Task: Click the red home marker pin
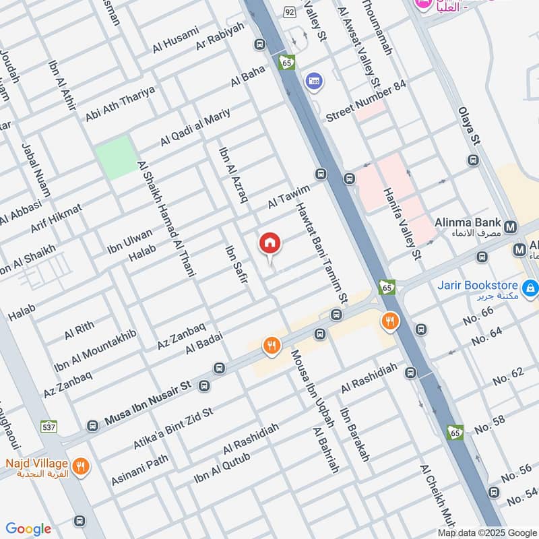pyautogui.click(x=270, y=244)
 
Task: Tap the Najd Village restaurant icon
pyautogui.click(x=80, y=466)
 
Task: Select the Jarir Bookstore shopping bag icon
pyautogui.click(x=530, y=288)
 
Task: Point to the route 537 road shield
pyautogui.click(x=49, y=426)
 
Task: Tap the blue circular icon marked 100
pyautogui.click(x=313, y=81)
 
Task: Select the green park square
pyautogui.click(x=116, y=158)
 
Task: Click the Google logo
pyautogui.click(x=28, y=529)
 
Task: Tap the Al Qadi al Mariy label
pyautogui.click(x=195, y=127)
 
